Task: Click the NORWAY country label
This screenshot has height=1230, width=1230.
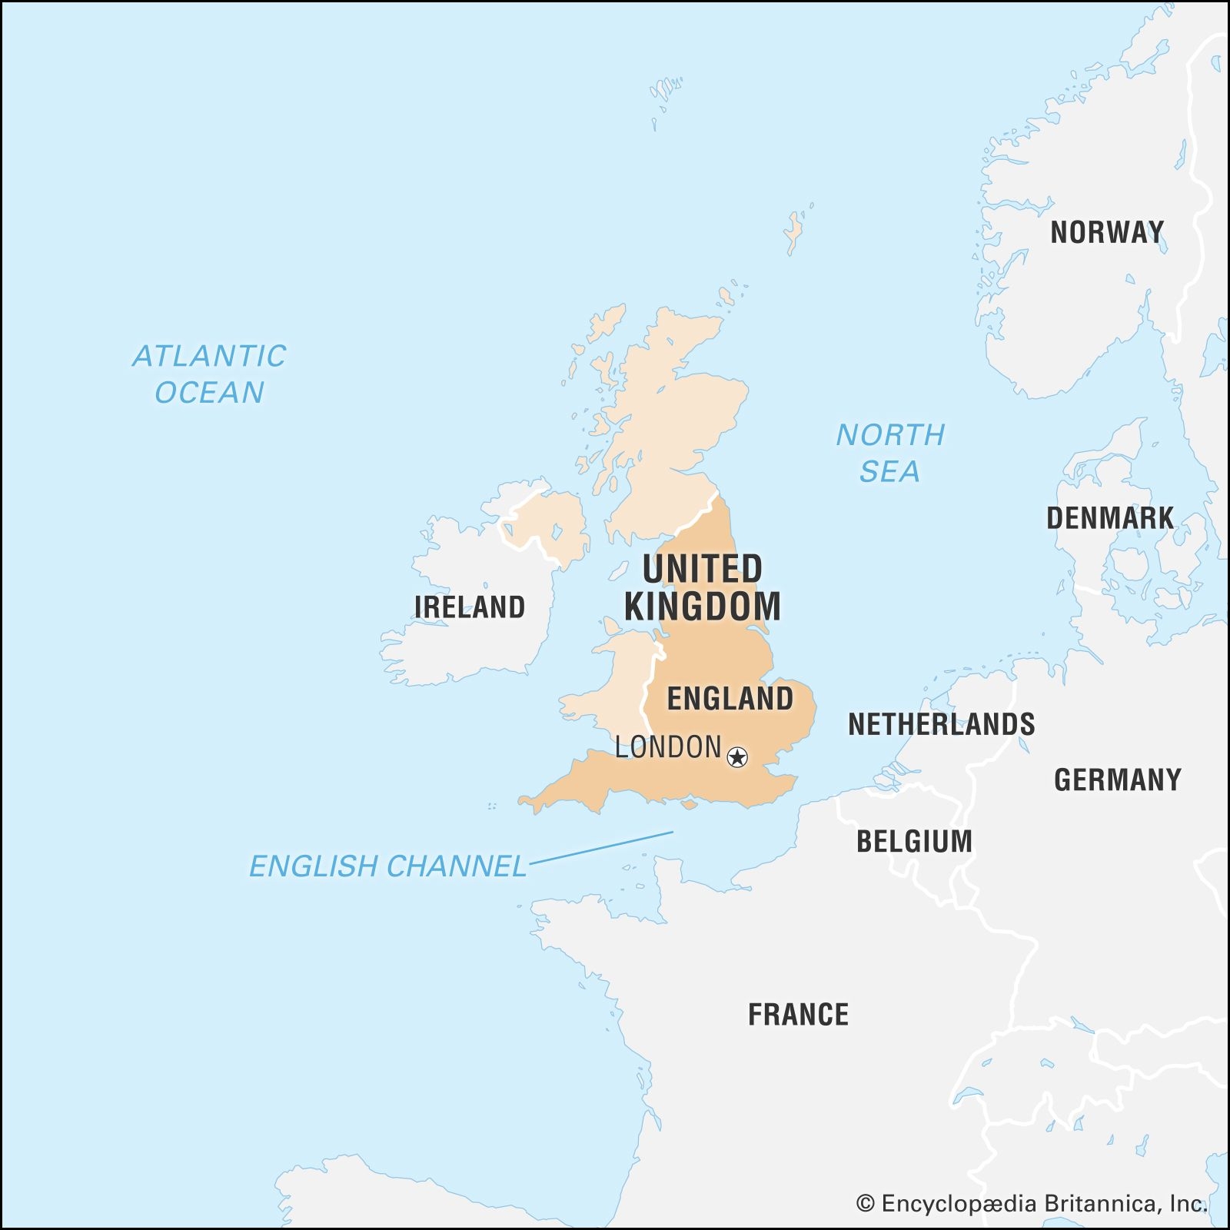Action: [1107, 232]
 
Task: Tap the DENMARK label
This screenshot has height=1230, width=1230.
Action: [1110, 518]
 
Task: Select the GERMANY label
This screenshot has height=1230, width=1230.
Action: [1117, 780]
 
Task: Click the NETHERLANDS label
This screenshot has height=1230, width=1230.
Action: [941, 724]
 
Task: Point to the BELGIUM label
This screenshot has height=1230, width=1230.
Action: [914, 841]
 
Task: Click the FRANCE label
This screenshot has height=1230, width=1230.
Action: [798, 1015]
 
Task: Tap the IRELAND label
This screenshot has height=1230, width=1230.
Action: [470, 607]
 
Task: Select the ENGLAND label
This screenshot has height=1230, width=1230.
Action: [730, 699]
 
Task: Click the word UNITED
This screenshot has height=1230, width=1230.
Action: [702, 570]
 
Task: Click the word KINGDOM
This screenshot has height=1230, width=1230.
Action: [702, 607]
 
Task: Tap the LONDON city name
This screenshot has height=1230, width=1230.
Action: [667, 747]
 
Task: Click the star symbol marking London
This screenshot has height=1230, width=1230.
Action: [737, 757]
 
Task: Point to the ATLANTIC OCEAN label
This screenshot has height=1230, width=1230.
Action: [209, 374]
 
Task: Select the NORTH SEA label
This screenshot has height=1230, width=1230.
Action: [890, 453]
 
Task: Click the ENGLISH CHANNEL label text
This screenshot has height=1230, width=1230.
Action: [387, 866]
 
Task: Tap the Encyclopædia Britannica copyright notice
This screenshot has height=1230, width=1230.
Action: [1032, 1204]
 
